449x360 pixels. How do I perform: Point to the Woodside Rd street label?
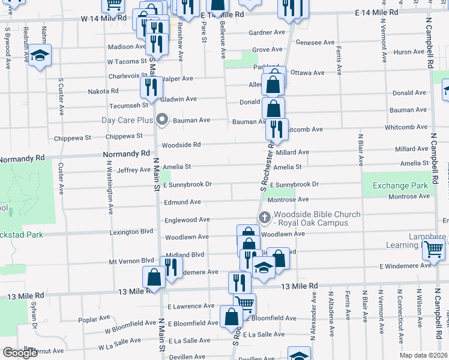(x=181, y=145)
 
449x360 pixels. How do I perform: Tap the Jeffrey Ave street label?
(x=134, y=170)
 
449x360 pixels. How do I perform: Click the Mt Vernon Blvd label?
(x=127, y=261)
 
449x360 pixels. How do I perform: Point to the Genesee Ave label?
(x=316, y=43)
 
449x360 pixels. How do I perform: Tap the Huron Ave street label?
(x=410, y=52)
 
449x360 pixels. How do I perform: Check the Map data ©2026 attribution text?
(x=424, y=355)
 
